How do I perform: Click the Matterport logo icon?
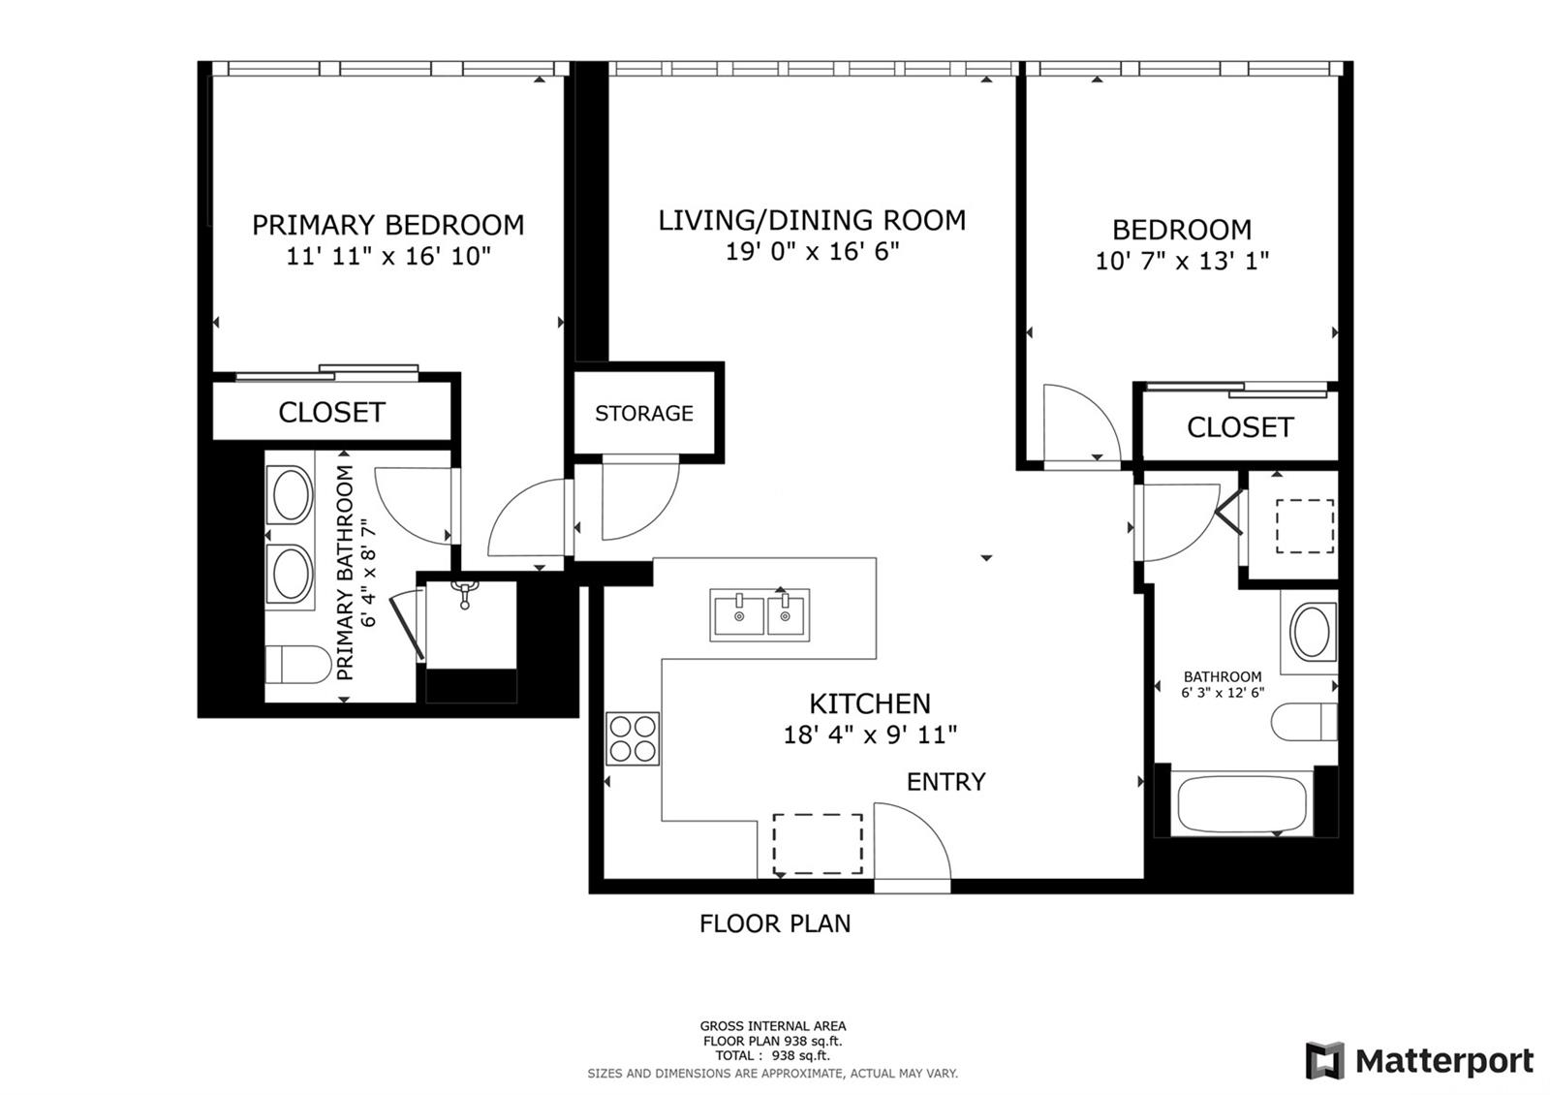pos(1324,1060)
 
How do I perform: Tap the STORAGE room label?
pos(643,413)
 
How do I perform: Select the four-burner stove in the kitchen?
pos(633,738)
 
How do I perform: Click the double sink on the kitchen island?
pos(759,614)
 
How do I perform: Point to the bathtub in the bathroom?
pos(1241,803)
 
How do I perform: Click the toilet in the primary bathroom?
pos(298,665)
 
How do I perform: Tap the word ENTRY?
pos(945,781)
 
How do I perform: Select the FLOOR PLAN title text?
pos(775,923)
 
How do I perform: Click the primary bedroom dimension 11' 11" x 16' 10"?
pos(388,257)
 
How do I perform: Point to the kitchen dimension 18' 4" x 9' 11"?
pos(870,735)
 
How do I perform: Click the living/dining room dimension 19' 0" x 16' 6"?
pos(813,251)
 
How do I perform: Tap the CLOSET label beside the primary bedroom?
pos(331,413)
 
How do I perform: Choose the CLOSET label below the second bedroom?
pos(1240,427)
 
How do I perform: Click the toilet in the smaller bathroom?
pos(1304,722)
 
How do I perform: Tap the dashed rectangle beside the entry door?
pos(818,844)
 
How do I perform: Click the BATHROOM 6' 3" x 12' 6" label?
pos(1223,684)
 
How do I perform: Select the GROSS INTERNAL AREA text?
pos(773,1026)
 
